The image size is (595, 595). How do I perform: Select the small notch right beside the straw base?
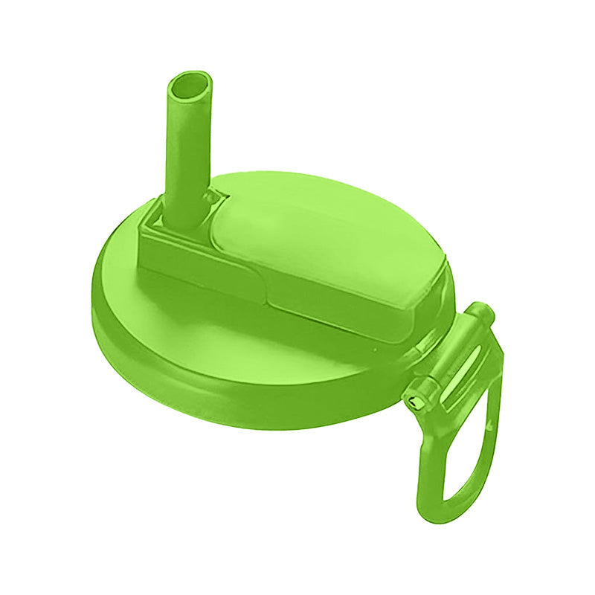pos(216,196)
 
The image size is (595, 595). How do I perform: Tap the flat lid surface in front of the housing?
pos(223,327)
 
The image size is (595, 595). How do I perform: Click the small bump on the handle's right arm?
pos(490,425)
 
